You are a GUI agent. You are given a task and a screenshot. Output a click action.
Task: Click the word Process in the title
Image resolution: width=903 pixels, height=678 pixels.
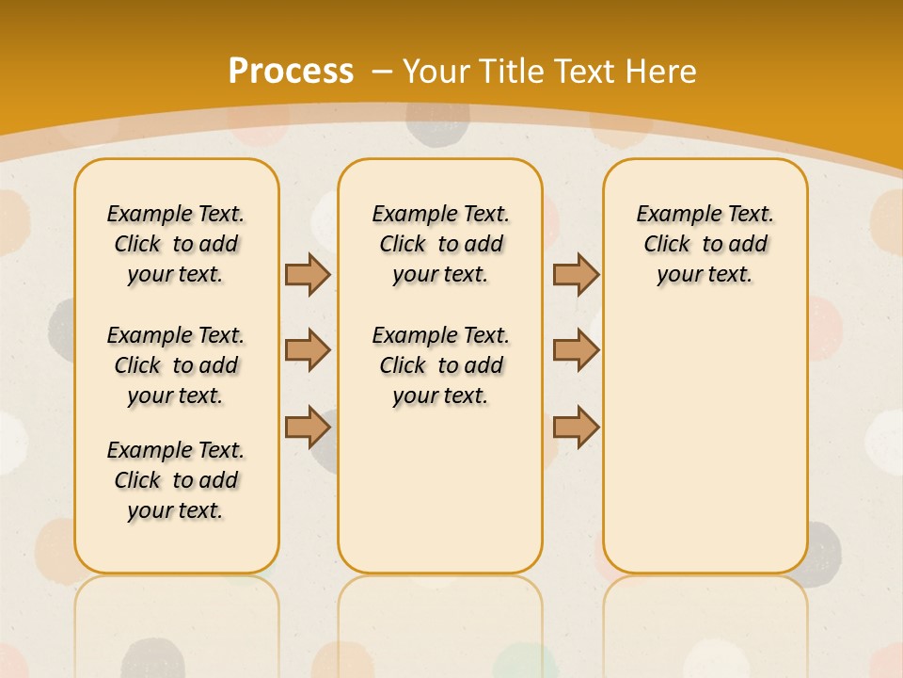291,72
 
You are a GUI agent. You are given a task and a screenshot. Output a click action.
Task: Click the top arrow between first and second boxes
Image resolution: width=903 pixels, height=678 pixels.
308,275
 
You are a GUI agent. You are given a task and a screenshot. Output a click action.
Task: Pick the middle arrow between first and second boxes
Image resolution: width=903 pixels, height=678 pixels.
308,351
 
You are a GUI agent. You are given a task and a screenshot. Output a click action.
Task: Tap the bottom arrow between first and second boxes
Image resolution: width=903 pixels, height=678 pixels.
308,428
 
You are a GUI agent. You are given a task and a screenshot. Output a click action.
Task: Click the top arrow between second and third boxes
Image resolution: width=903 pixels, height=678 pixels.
576,275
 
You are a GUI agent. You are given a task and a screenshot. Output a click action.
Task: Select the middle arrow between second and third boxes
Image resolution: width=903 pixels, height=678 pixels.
576,351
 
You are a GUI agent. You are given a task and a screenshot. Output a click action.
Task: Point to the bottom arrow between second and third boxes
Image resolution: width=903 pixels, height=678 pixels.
576,428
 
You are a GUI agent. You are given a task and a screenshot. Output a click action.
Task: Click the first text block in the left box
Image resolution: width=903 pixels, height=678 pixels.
176,244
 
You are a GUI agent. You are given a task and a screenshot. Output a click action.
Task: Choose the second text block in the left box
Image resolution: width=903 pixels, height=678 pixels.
176,365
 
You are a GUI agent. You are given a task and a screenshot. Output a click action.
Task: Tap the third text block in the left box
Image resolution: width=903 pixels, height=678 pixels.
176,480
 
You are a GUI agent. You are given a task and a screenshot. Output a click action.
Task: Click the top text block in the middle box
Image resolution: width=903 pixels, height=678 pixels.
440,244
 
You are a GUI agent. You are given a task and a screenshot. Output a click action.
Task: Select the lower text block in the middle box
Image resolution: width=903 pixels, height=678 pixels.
440,365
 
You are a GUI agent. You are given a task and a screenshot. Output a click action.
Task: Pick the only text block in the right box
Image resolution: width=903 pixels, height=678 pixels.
705,244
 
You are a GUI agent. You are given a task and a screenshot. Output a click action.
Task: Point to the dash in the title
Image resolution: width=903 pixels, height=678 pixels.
382,72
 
